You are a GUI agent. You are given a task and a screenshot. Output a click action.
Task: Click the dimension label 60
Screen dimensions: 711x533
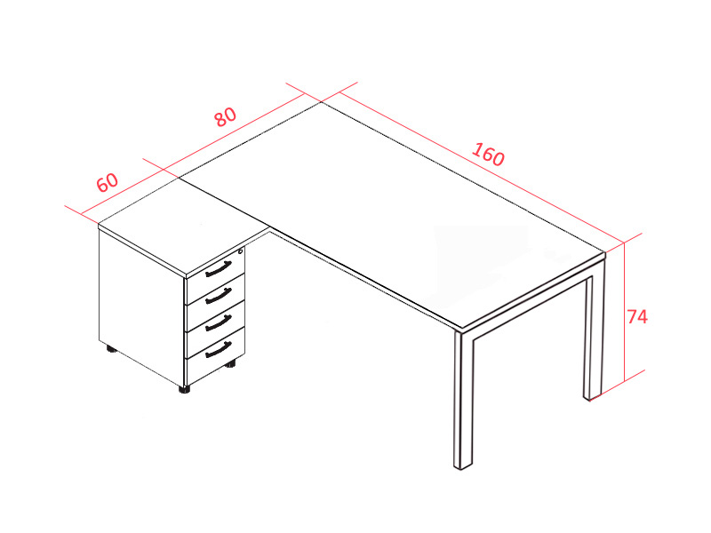click(x=108, y=182)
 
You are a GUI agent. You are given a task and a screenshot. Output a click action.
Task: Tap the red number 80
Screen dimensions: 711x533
click(x=226, y=116)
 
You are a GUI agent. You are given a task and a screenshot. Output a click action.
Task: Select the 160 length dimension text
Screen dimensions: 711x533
click(x=488, y=155)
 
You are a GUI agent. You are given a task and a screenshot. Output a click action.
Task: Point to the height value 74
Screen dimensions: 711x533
click(x=637, y=317)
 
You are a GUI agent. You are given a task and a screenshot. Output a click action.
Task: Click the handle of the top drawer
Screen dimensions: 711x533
click(x=219, y=269)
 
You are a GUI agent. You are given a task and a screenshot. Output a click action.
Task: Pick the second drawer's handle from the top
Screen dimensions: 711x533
click(x=219, y=297)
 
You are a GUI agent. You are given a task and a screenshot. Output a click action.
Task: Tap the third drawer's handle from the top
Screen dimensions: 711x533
click(x=219, y=323)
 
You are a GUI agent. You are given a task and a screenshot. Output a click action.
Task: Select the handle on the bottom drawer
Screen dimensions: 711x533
click(x=219, y=350)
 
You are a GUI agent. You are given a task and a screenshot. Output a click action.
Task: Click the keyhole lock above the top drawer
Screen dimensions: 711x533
click(x=240, y=251)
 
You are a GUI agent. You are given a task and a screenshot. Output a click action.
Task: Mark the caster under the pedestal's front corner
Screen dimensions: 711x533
click(x=185, y=389)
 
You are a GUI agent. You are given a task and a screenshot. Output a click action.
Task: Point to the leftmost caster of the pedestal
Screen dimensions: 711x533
click(x=111, y=349)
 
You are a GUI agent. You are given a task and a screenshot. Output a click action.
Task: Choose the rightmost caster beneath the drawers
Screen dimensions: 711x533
click(x=231, y=363)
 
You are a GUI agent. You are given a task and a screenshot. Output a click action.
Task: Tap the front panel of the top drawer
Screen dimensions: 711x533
click(x=216, y=269)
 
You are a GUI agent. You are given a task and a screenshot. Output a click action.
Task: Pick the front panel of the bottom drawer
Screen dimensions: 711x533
click(x=216, y=357)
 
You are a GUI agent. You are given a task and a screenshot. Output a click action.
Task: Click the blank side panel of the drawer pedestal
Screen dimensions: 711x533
click(x=141, y=307)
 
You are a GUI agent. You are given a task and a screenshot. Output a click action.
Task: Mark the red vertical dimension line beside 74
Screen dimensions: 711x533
click(x=625, y=312)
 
